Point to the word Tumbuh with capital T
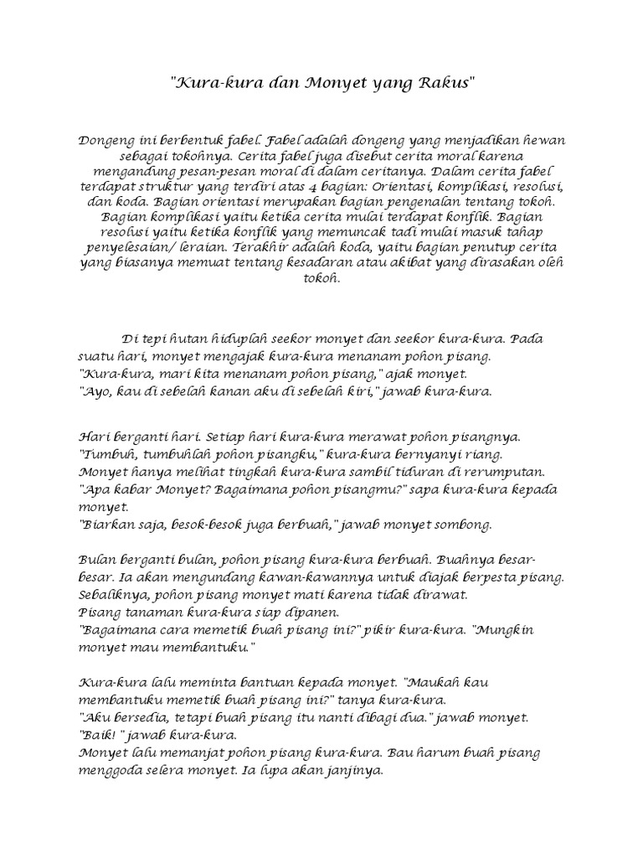[x=107, y=455]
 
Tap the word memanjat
[x=183, y=752]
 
